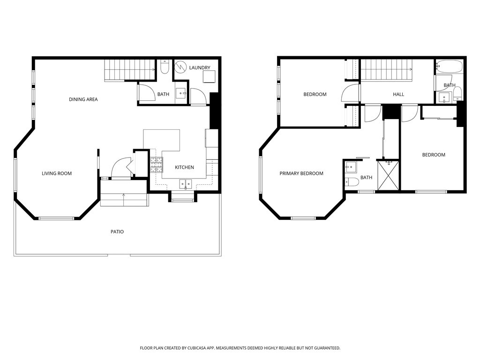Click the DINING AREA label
coord(83,99)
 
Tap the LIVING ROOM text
coord(57,173)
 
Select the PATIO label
coord(117,232)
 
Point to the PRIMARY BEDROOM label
coord(301,173)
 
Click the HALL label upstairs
coord(398,95)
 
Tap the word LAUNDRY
coord(200,68)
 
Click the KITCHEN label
coord(184,167)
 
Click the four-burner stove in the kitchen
coord(156,164)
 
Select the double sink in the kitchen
coord(186,184)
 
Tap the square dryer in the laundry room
coord(209,76)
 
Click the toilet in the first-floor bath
coord(164,68)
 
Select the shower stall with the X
coord(388,176)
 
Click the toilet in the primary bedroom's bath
coord(352,181)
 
